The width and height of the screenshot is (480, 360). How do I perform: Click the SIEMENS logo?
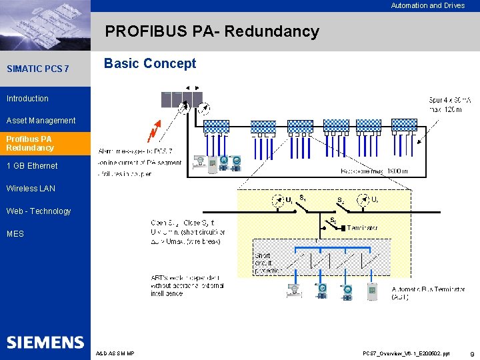point(45,343)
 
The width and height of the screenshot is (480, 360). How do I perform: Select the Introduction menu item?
point(27,99)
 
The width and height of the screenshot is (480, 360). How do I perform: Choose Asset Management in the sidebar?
point(41,121)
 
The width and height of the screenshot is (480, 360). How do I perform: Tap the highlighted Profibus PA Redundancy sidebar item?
point(30,143)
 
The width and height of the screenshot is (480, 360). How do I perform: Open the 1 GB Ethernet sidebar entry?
point(32,166)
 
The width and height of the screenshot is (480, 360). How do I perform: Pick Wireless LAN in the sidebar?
point(31,189)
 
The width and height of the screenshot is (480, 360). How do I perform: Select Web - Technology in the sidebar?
point(39,211)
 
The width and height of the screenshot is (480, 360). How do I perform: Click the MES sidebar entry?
point(15,234)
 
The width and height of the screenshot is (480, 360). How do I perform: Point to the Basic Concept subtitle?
point(150,64)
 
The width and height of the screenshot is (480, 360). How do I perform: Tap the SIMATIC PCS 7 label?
point(37,69)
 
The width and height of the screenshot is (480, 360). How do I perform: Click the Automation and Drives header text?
point(427,5)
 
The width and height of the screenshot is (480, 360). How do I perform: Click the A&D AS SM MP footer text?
point(115,353)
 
